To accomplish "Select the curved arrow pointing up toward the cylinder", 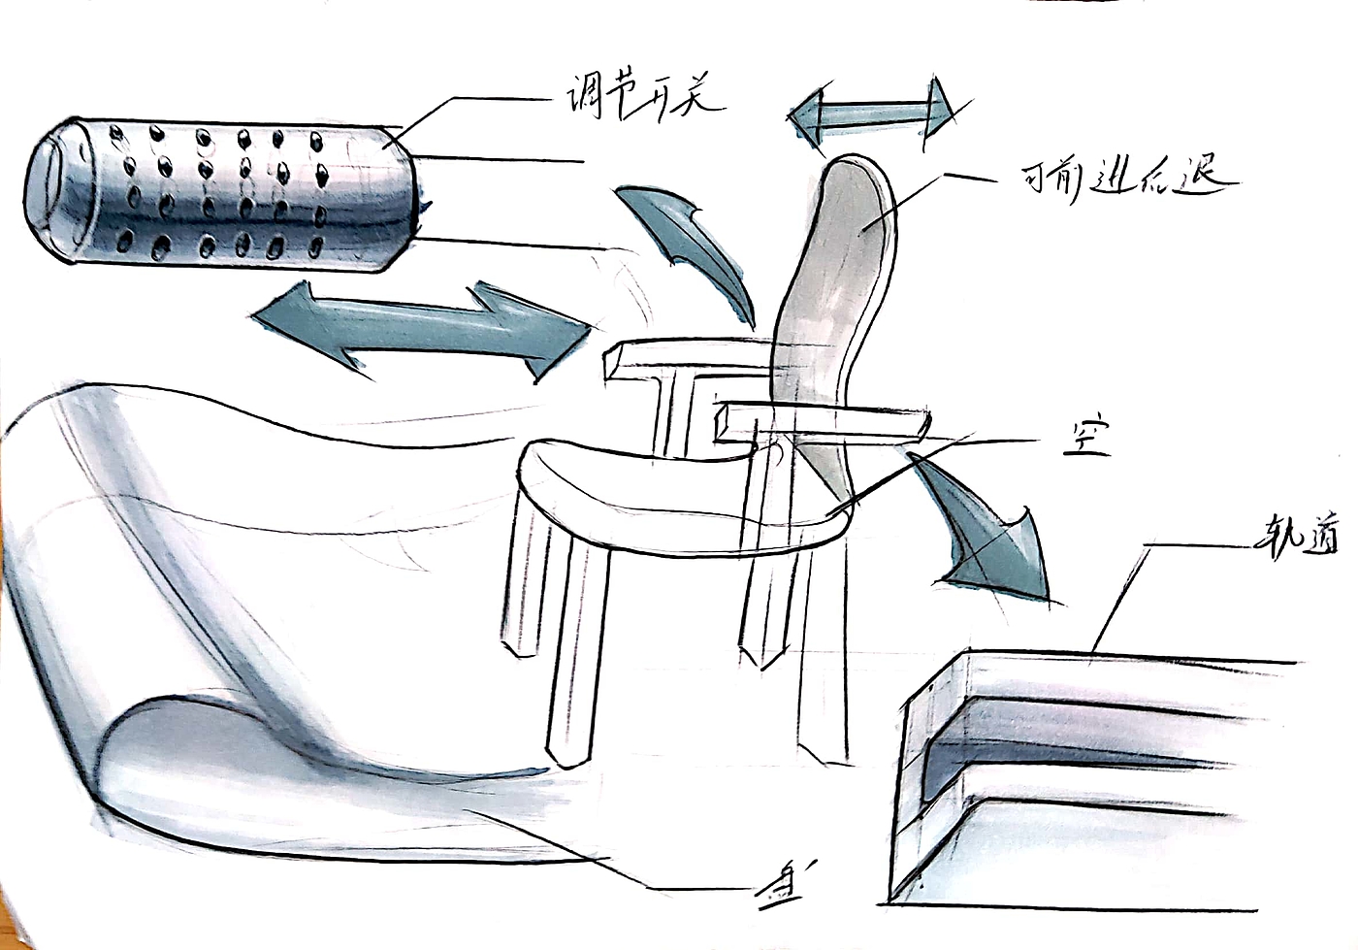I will coord(695,243).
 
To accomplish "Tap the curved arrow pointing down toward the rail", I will coord(989,529).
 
